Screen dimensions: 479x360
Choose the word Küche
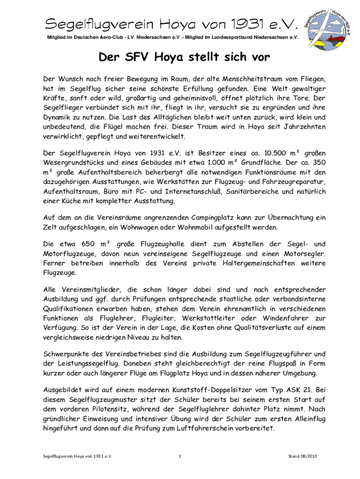point(71,201)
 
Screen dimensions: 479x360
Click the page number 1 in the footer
point(180,456)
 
